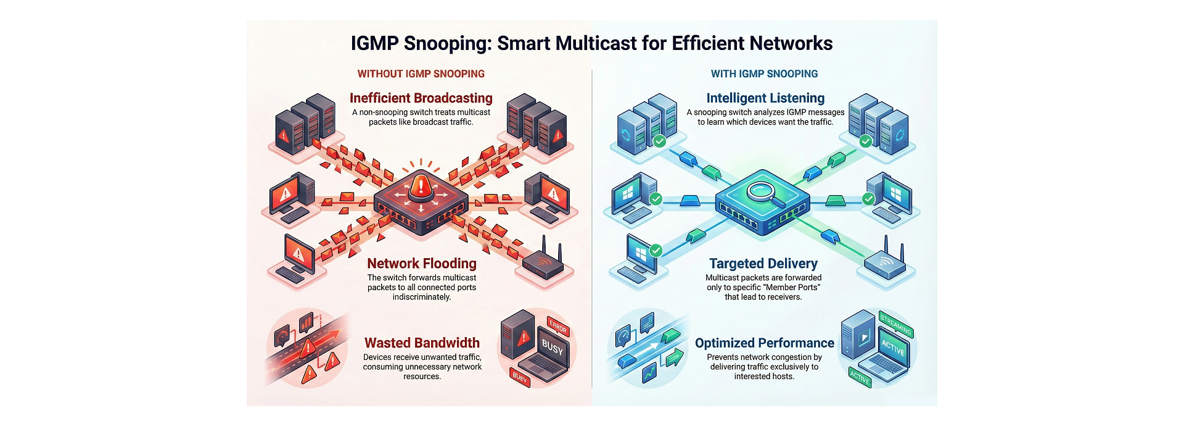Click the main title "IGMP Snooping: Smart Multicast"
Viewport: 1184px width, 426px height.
(x=591, y=43)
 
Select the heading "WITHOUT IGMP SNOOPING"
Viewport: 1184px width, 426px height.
(x=421, y=74)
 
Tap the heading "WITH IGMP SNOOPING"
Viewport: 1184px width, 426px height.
(x=764, y=74)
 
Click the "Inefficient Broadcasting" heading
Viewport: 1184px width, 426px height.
(x=421, y=98)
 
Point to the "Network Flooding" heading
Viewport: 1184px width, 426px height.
(x=422, y=264)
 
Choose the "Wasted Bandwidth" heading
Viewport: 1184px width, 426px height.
(x=422, y=343)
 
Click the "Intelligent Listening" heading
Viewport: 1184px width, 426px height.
(x=765, y=98)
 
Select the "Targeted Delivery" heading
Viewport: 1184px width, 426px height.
(x=763, y=264)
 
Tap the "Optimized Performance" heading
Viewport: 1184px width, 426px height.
(x=764, y=343)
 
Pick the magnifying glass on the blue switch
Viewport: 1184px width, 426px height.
(x=764, y=191)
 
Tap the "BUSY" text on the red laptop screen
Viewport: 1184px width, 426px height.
(x=552, y=349)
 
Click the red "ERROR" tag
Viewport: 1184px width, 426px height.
(x=557, y=326)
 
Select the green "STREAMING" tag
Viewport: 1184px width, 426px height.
(x=895, y=324)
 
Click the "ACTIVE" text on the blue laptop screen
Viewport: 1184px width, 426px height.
(x=892, y=349)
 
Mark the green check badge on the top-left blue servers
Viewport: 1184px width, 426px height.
(x=659, y=141)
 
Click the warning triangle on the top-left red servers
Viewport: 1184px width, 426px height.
(x=283, y=135)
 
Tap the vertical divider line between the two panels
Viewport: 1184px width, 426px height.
(x=592, y=228)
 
